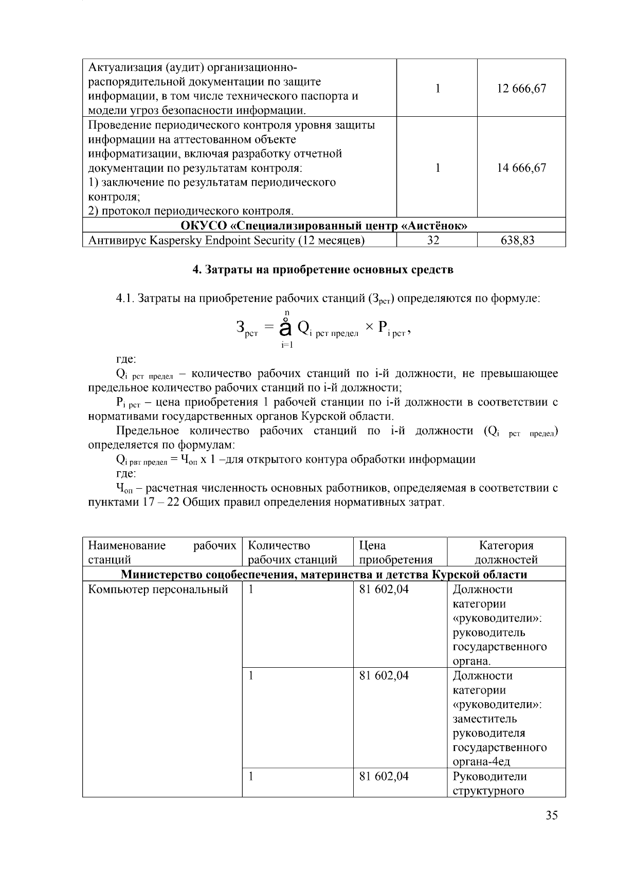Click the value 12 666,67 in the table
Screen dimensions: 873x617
pos(521,88)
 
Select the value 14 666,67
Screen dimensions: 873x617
pos(521,168)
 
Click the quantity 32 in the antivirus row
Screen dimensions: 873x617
pos(433,240)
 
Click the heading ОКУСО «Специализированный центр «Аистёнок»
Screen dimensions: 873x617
pos(324,226)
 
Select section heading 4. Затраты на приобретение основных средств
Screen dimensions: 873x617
pos(323,270)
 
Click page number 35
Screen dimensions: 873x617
pos(552,815)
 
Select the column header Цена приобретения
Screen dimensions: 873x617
pos(395,553)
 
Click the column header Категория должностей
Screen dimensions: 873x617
pos(506,553)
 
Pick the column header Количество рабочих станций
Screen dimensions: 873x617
pos(292,553)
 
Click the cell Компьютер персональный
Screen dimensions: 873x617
pos(158,590)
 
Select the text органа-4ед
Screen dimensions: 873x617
pos(481,762)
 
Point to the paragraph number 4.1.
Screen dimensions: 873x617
pos(125,298)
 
